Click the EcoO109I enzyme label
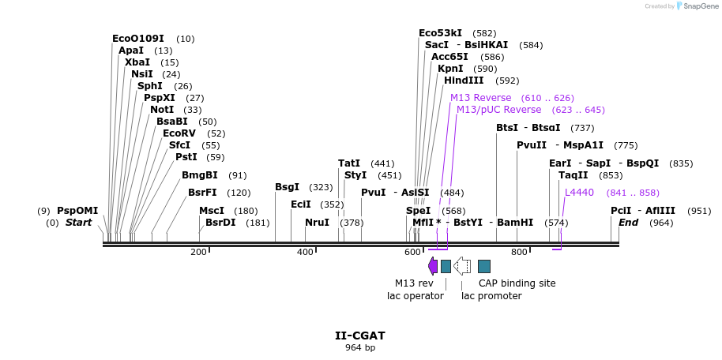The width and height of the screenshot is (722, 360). [x=138, y=39]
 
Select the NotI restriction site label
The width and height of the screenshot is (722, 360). [x=162, y=110]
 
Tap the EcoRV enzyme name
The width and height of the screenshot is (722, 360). [x=179, y=133]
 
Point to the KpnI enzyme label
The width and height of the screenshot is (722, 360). [x=450, y=69]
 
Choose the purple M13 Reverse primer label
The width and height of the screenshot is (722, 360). [x=480, y=98]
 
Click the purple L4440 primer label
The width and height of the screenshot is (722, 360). [x=579, y=193]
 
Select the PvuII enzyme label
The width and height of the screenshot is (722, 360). [x=532, y=145]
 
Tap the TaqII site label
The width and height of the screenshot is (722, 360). [x=573, y=175]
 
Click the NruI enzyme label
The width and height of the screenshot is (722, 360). [x=317, y=223]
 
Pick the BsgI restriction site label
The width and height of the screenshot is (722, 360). [x=287, y=187]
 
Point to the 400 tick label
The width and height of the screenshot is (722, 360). [x=305, y=252]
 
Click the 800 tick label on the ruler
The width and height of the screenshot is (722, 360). [x=518, y=252]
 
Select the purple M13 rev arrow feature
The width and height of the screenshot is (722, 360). [x=432, y=266]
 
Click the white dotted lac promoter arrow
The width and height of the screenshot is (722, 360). [x=462, y=266]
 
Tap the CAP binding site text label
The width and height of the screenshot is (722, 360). [x=517, y=283]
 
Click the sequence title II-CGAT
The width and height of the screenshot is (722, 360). [x=360, y=336]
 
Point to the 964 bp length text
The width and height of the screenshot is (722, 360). [x=360, y=347]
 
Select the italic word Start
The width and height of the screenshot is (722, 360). [x=78, y=223]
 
